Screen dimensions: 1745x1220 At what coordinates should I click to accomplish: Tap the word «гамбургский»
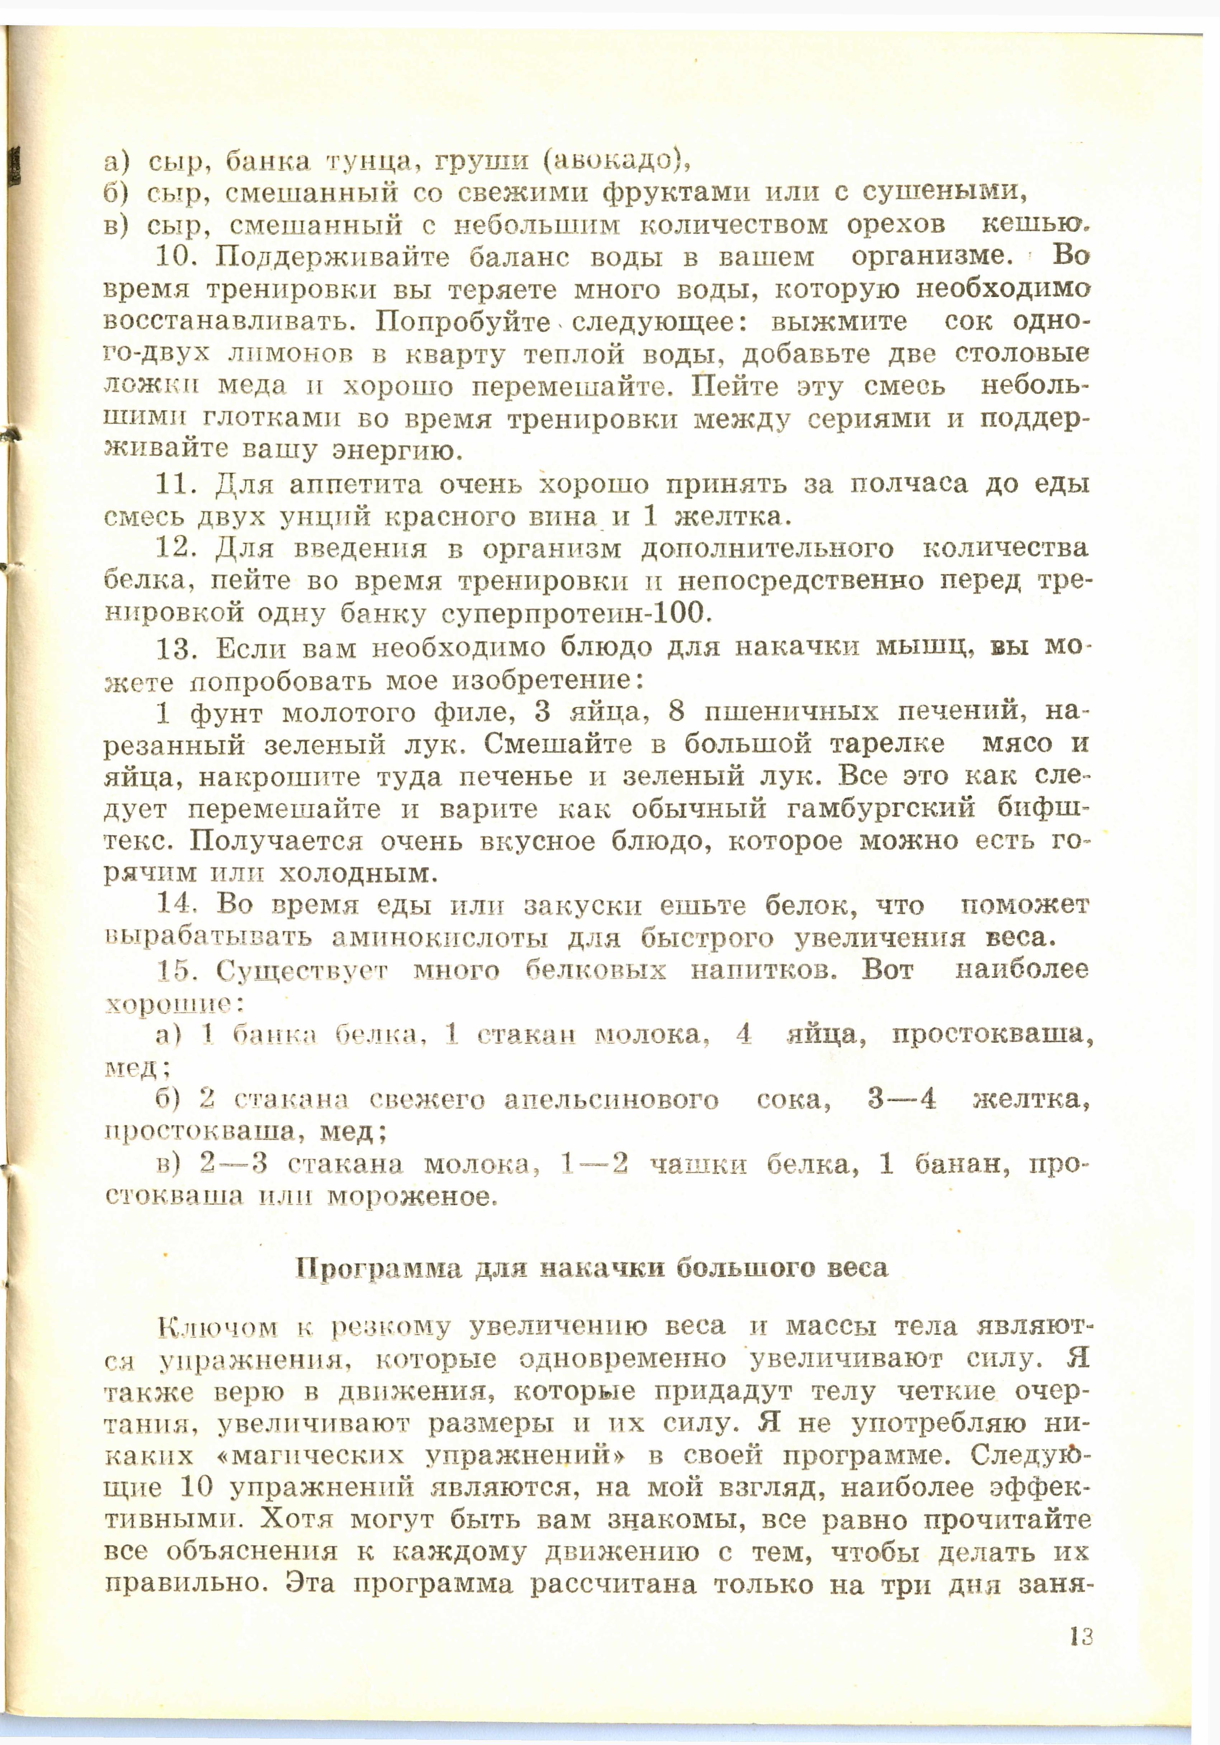[881, 809]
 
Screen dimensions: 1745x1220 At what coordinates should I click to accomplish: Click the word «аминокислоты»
[439, 939]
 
